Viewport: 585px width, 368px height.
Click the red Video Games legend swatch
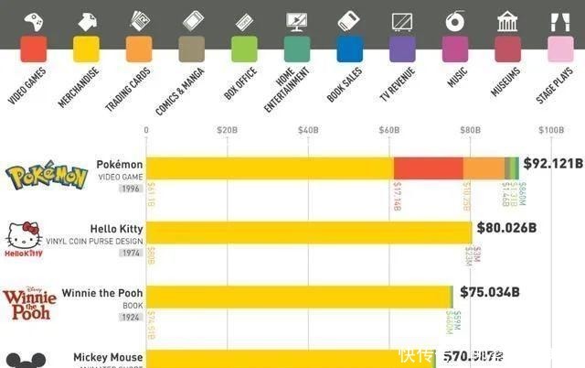pos(34,49)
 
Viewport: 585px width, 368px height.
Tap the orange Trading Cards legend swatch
pos(139,49)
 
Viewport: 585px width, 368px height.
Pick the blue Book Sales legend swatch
pos(349,49)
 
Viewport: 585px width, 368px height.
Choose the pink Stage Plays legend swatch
pos(560,49)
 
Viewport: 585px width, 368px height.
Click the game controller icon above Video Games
pos(34,19)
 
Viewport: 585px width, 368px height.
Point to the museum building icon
pos(507,20)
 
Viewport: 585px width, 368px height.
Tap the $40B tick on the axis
pos(308,131)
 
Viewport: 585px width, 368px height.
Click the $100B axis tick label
pos(551,131)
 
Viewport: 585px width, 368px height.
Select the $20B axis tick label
pos(227,131)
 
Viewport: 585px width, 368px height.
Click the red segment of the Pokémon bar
pos(428,168)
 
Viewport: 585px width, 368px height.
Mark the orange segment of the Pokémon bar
pos(483,168)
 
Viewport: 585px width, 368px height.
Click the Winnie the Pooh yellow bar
pos(298,297)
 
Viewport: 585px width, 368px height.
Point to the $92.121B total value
pos(553,164)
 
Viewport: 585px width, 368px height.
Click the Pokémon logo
pos(47,176)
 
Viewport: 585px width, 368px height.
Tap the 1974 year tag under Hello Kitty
pos(131,252)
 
